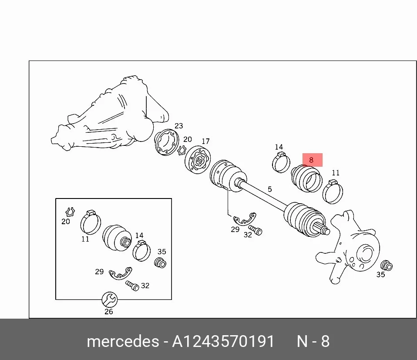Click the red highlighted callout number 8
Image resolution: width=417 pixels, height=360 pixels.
click(x=311, y=160)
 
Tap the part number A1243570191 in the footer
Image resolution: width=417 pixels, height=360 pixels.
click(x=223, y=341)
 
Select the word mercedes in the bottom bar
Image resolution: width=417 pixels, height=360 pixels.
click(x=123, y=341)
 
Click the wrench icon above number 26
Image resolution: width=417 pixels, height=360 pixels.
click(x=110, y=299)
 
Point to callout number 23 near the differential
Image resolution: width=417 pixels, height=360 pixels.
click(x=179, y=126)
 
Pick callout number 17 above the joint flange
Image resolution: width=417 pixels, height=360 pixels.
click(x=205, y=141)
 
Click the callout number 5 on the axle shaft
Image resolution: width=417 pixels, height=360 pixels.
click(x=270, y=189)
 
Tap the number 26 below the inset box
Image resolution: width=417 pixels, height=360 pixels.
click(x=109, y=311)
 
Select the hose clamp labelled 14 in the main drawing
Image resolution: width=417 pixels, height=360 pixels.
click(x=281, y=162)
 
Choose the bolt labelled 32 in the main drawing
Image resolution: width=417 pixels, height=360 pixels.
click(x=256, y=230)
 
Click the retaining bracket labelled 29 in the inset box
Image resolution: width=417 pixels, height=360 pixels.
click(x=121, y=273)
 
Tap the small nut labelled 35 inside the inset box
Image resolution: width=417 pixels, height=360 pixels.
click(x=160, y=262)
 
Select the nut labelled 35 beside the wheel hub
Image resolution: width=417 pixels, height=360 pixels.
click(x=387, y=266)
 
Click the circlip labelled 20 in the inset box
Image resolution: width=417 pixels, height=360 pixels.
click(x=70, y=212)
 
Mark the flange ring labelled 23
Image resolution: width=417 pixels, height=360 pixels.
click(x=166, y=142)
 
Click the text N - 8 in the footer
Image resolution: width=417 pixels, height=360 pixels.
click(x=313, y=341)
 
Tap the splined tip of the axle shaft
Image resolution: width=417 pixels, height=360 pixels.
click(x=323, y=229)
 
